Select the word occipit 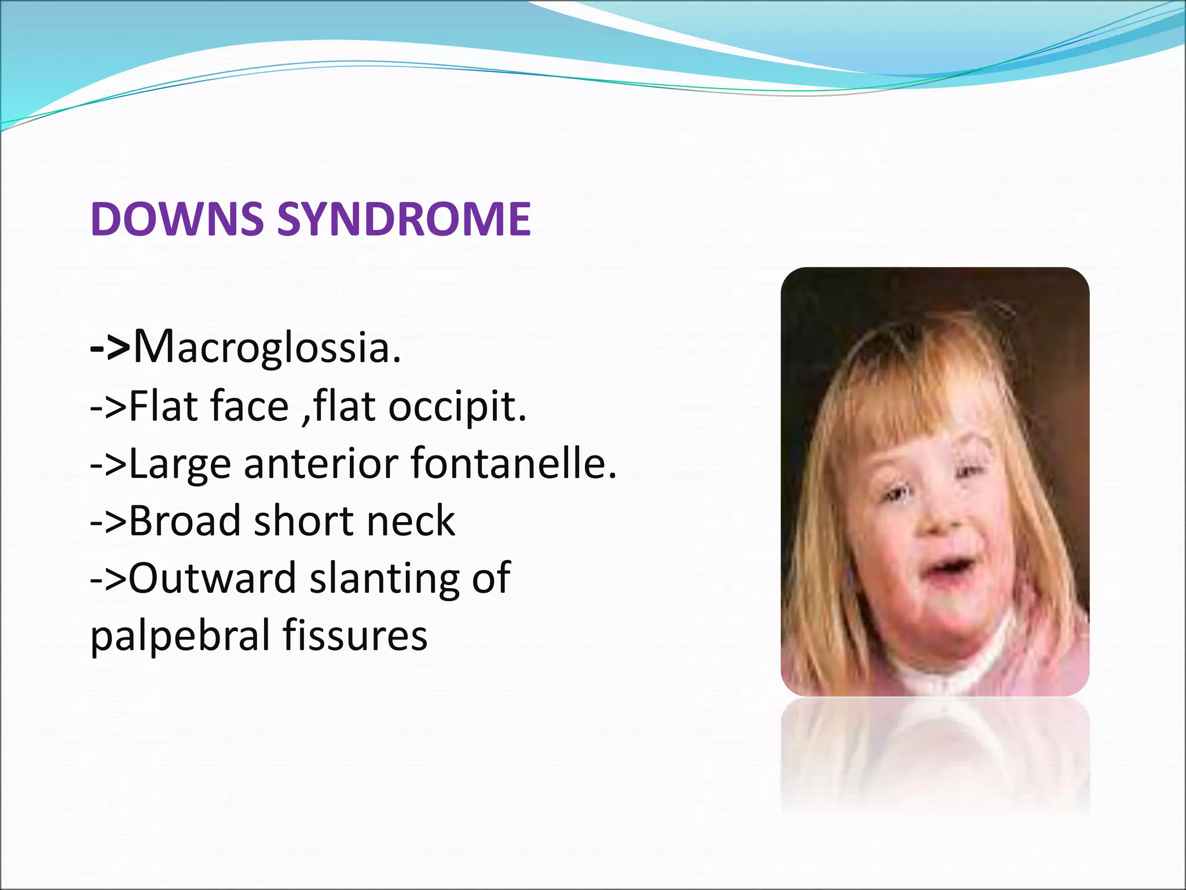(457, 407)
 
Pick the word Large (180, 465)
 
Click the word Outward (212, 578)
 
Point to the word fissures (355, 634)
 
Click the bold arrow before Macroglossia (110, 348)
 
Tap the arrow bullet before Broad (108, 521)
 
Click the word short (303, 520)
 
